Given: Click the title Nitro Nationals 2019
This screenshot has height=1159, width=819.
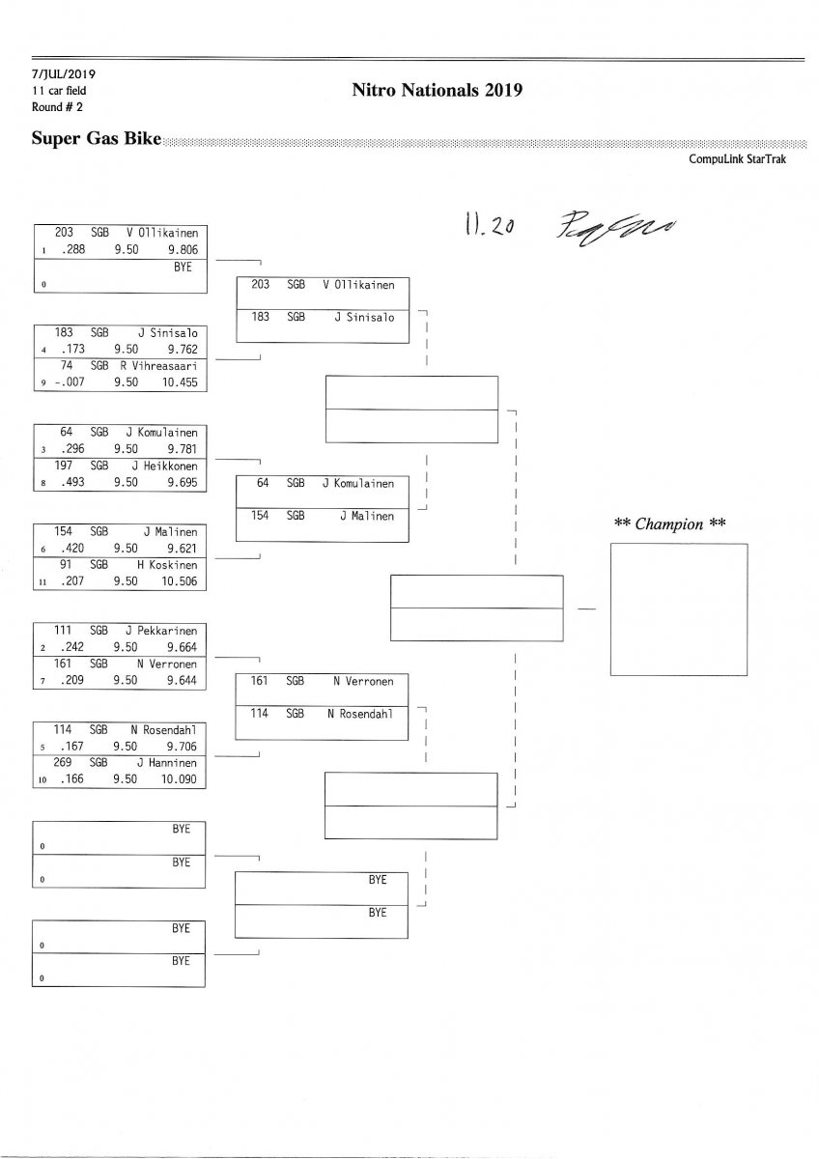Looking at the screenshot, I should click(x=438, y=90).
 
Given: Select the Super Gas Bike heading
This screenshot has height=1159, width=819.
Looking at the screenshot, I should click(x=97, y=138).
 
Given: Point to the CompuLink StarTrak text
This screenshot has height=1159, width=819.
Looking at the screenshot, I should click(x=737, y=158).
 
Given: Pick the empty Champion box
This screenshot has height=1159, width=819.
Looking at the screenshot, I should click(x=679, y=609).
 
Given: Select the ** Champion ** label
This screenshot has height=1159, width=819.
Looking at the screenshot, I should click(x=670, y=524).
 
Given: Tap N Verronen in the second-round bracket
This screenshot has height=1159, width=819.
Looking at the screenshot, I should click(x=363, y=681).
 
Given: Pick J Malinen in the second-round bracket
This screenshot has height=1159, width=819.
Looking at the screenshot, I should click(x=367, y=516).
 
